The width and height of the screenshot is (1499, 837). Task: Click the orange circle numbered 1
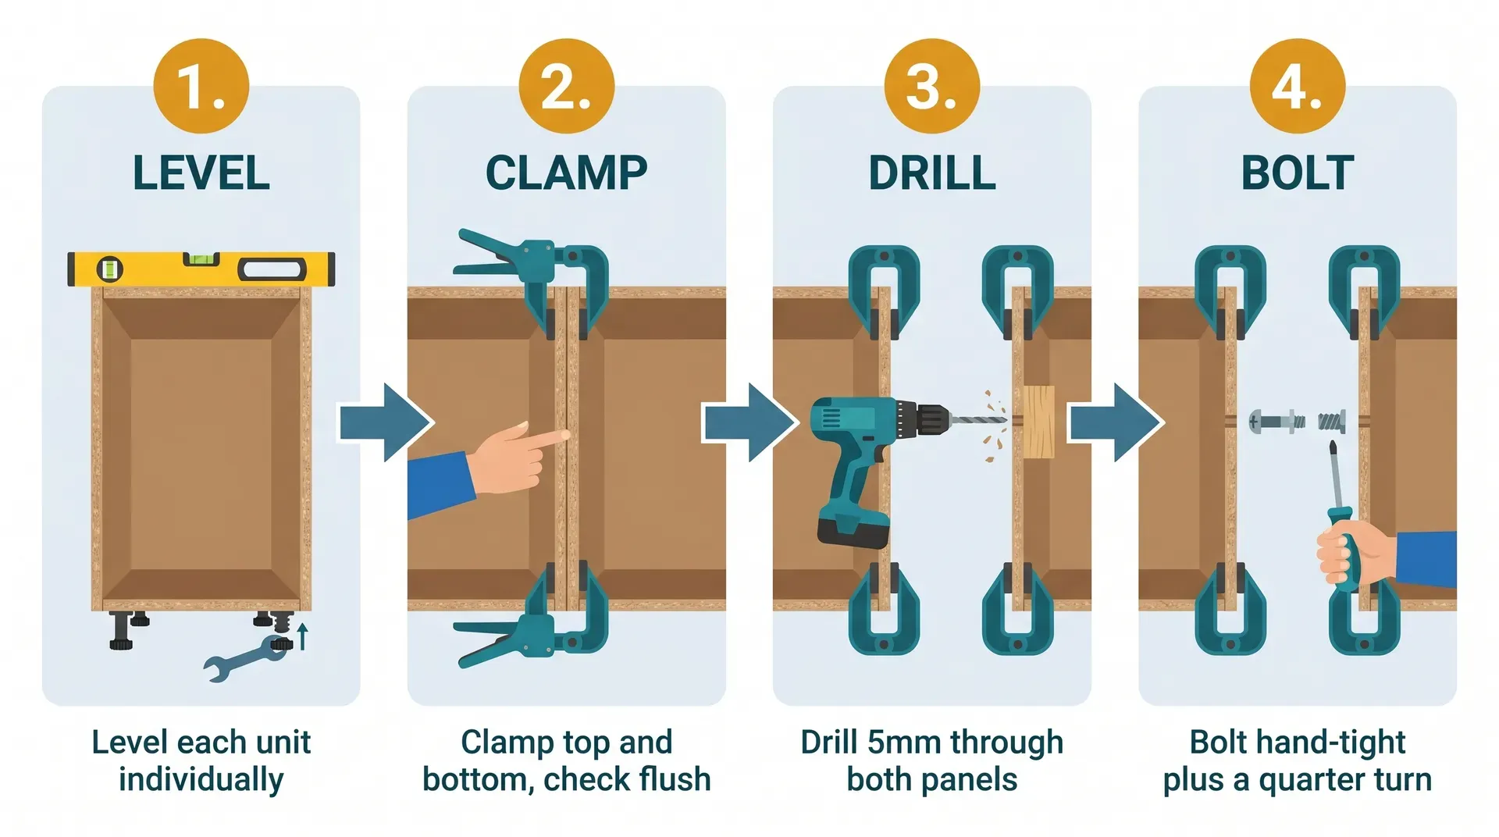(x=201, y=86)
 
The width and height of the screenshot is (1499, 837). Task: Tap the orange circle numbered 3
(x=931, y=86)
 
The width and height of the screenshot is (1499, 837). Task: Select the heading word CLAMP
(x=566, y=173)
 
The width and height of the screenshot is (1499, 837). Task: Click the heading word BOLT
(x=1297, y=173)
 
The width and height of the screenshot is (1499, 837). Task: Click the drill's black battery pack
(x=853, y=532)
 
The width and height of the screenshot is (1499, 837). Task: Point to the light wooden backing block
(x=1038, y=422)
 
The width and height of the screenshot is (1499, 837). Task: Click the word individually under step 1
(x=201, y=780)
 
